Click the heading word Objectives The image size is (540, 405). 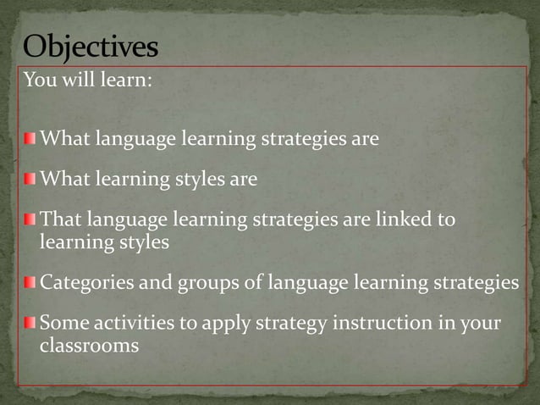point(90,47)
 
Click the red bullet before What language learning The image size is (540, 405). point(30,137)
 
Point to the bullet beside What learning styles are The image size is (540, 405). point(30,179)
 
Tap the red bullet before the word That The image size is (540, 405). point(30,220)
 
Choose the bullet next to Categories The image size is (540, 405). point(30,281)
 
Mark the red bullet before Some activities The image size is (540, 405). point(30,323)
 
